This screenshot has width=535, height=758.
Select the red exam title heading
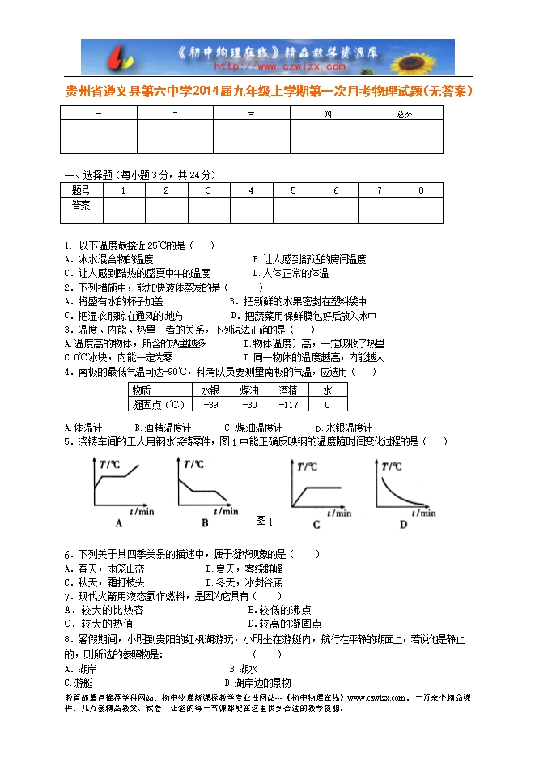click(268, 92)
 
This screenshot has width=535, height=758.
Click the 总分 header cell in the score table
click(405, 115)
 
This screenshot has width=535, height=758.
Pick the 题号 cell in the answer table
click(81, 190)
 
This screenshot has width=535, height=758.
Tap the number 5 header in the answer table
click(293, 190)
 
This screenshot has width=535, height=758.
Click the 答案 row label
click(81, 206)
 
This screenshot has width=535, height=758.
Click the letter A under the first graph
click(119, 523)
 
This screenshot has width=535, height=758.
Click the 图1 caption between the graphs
click(264, 520)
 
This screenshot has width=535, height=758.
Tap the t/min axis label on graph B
click(227, 511)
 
